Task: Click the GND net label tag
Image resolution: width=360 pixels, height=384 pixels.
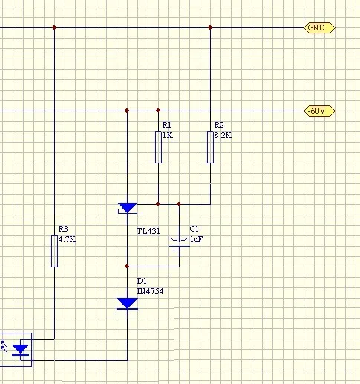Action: [319, 27]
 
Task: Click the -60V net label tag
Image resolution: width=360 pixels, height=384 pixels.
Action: [319, 111]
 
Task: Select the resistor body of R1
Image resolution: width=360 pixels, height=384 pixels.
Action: [158, 147]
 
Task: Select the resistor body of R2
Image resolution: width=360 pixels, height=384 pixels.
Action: [210, 147]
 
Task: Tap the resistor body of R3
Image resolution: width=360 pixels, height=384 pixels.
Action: [54, 251]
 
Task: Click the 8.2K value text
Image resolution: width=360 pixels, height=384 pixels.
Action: [223, 135]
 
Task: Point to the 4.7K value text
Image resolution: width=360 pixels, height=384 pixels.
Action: [67, 239]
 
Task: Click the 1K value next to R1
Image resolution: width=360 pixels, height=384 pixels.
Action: [168, 135]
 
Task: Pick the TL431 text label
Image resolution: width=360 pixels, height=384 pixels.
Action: [148, 231]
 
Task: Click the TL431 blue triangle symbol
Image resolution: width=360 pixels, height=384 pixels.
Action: [128, 208]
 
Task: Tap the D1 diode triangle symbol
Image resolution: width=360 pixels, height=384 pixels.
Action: [127, 304]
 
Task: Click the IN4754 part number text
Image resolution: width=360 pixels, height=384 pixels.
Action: [150, 291]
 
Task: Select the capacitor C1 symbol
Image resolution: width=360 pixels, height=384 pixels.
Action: [179, 242]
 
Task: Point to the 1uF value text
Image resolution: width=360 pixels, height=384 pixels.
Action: [196, 239]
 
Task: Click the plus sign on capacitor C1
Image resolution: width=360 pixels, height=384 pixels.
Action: [174, 250]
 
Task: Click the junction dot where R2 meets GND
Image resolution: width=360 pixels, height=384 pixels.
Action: [210, 27]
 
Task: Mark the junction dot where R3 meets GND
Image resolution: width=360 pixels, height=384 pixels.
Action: [54, 27]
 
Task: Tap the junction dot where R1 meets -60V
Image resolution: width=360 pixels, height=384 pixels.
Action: [158, 110]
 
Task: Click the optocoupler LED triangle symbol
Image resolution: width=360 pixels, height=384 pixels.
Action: [20, 350]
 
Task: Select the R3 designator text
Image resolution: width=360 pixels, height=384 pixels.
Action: [63, 229]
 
